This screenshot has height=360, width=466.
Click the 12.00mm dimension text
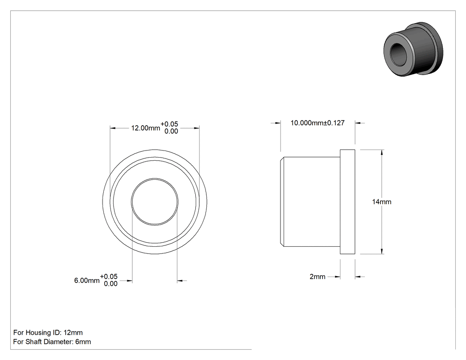point(146,128)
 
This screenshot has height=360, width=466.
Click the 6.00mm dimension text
point(87,281)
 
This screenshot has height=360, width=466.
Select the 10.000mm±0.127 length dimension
point(317,123)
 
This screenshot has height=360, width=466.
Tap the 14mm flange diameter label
point(382,202)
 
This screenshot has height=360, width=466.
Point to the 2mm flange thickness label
point(317,277)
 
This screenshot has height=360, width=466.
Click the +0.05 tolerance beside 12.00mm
point(169,124)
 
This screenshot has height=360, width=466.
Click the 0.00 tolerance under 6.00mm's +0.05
point(111,284)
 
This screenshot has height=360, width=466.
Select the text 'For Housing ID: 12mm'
point(48,332)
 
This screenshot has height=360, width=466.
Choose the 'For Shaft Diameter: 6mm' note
point(52,342)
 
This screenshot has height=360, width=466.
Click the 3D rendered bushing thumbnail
point(413,49)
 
